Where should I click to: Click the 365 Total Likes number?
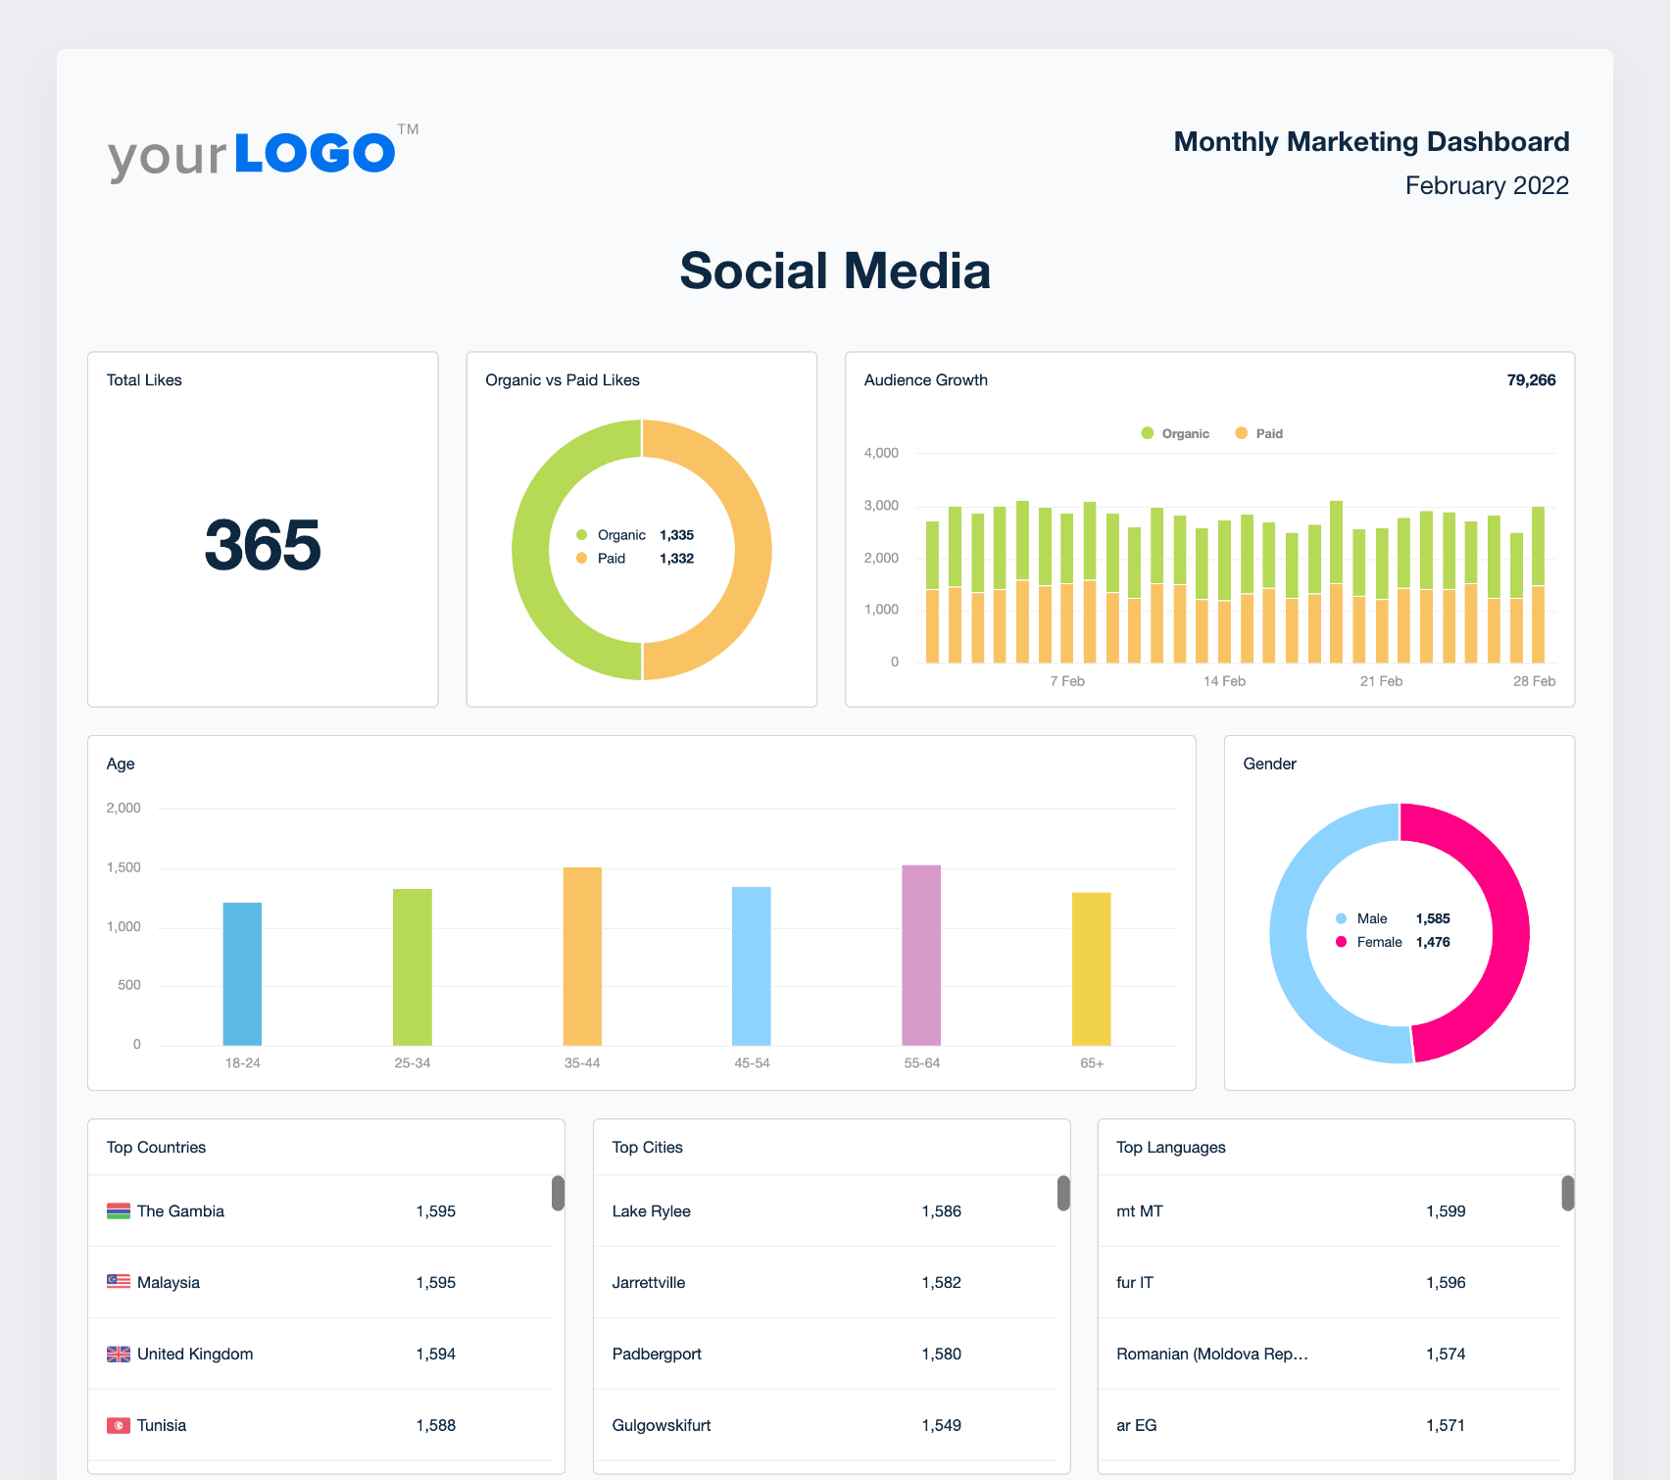point(263,545)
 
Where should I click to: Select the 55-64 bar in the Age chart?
point(921,955)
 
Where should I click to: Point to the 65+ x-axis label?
point(1092,1063)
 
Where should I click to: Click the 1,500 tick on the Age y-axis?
point(123,867)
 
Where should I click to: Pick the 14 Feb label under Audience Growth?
point(1224,681)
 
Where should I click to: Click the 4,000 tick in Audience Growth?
point(881,453)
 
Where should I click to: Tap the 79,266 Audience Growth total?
point(1531,380)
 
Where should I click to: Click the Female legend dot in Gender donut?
point(1342,942)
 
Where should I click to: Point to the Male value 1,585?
point(1433,918)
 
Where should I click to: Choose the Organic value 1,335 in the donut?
point(676,535)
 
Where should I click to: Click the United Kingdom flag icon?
point(119,1354)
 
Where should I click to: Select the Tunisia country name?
point(162,1425)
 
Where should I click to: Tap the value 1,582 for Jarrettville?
point(941,1282)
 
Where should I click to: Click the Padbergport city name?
point(657,1354)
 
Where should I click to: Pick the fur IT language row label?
point(1135,1282)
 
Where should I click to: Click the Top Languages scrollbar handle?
point(1567,1193)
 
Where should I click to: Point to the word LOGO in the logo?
point(315,153)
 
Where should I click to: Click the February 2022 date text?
point(1487,185)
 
